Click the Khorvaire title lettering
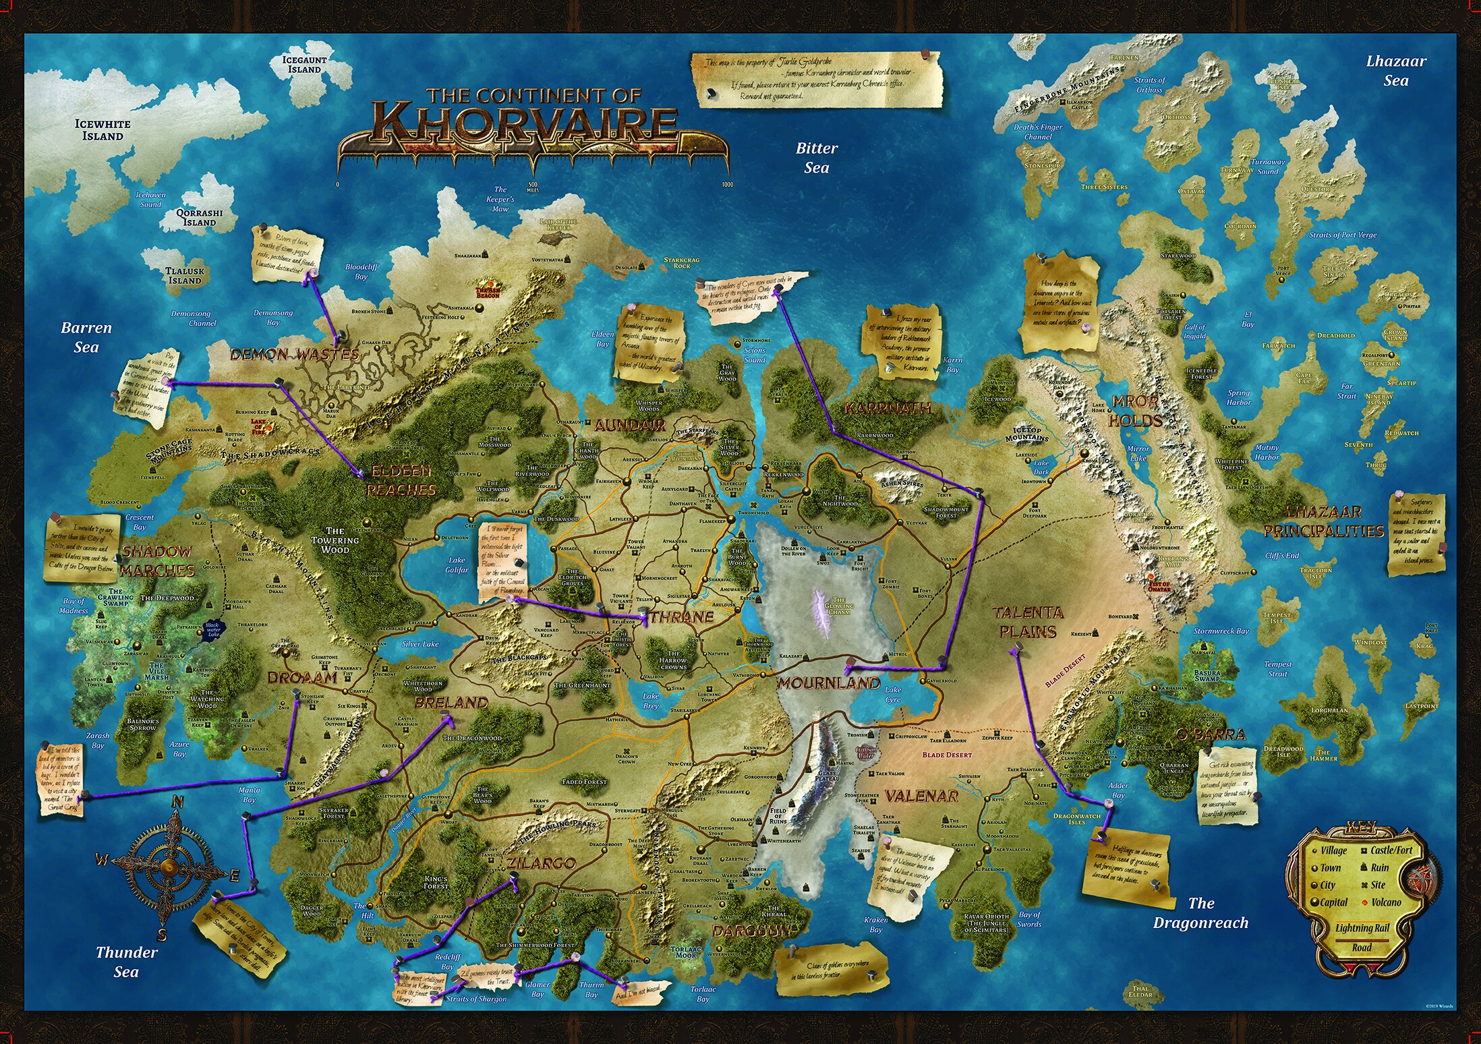click(526, 125)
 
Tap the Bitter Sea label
click(817, 158)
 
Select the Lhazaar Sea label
click(1395, 70)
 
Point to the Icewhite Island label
click(103, 129)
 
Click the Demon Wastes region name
click(295, 354)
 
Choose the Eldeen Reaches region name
click(401, 480)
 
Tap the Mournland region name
click(829, 683)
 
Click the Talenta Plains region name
click(1028, 622)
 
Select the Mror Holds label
click(1135, 411)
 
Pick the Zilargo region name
click(541, 863)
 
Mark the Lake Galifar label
click(457, 564)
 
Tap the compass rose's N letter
click(178, 802)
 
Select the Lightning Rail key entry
click(1362, 928)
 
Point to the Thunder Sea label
click(126, 962)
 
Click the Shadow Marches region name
click(157, 560)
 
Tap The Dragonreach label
click(1200, 912)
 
